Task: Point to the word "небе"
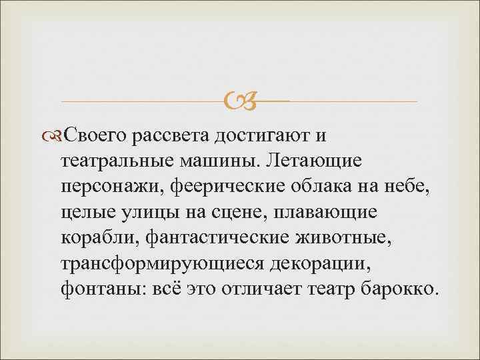coord(414,187)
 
